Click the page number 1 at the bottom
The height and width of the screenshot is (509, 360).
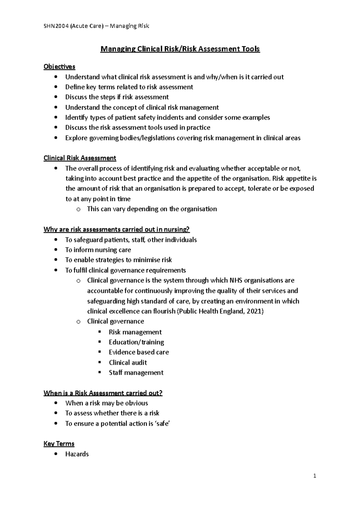(315, 476)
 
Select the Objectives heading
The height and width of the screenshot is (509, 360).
(59, 67)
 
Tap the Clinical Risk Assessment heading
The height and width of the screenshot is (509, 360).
(80, 158)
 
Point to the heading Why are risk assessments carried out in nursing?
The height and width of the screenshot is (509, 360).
(117, 230)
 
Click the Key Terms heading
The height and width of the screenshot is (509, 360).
(59, 444)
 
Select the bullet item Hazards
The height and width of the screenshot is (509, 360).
(77, 454)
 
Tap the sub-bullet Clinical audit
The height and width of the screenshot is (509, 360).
(128, 362)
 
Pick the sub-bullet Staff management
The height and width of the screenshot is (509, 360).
(136, 373)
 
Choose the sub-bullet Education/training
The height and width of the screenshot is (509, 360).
(136, 342)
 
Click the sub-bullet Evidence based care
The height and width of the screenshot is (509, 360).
(139, 352)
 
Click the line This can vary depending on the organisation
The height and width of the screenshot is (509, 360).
(152, 209)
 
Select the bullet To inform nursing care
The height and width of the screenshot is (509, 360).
(98, 250)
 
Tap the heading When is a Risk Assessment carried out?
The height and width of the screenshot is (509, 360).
(103, 393)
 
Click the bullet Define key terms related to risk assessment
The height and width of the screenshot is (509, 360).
(129, 87)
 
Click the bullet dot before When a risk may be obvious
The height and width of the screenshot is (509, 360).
(56, 403)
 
